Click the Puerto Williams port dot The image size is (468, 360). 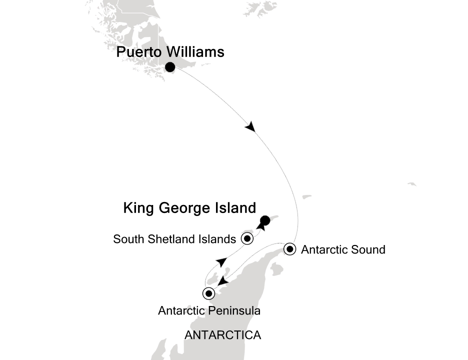point(170,67)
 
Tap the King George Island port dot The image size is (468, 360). point(265,220)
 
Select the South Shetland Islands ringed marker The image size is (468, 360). point(247,238)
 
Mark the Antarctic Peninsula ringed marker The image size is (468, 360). point(208,293)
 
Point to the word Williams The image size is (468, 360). point(196,52)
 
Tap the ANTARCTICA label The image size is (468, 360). point(222,335)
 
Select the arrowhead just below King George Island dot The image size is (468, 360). point(260,226)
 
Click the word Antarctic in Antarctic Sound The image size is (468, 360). point(323,249)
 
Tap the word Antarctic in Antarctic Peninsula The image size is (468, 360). point(180,310)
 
